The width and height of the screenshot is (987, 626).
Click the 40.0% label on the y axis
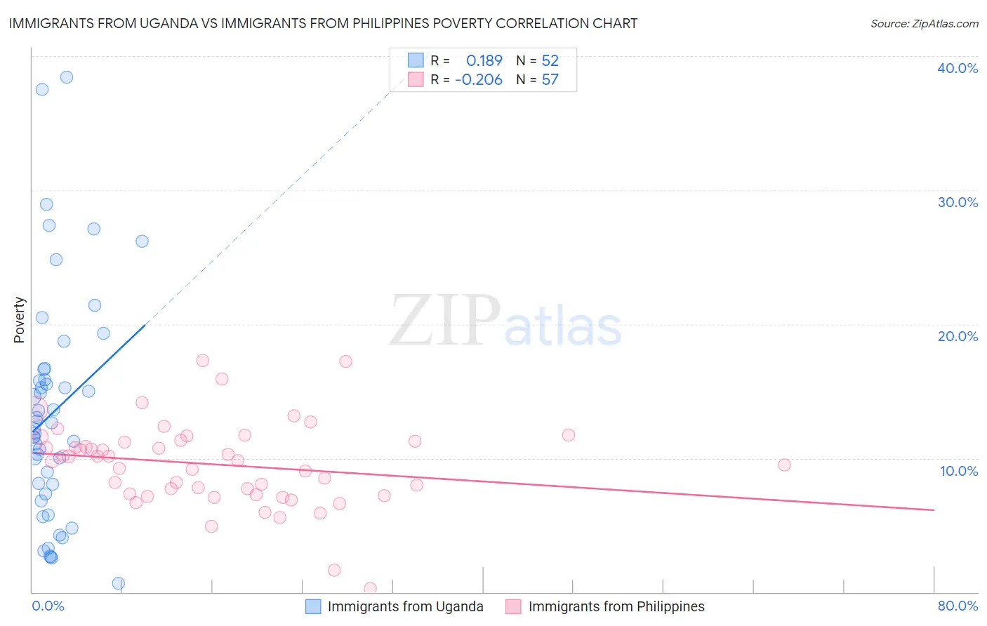[x=957, y=68]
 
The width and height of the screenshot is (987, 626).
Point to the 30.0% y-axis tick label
[x=957, y=202]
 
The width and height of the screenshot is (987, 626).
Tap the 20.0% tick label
[x=957, y=336]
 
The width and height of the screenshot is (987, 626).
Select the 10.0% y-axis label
[x=958, y=471]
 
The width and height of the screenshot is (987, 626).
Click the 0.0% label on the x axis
[x=48, y=606]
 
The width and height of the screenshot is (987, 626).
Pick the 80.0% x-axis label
[x=958, y=606]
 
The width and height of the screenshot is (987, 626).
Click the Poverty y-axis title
[x=19, y=320]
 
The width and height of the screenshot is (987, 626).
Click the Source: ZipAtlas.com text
[x=924, y=24]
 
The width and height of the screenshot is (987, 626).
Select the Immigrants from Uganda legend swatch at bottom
[x=313, y=606]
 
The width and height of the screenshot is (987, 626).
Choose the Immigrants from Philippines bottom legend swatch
[x=514, y=606]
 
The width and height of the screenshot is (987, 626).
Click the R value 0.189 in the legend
[x=484, y=60]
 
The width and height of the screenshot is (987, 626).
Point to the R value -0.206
[x=479, y=80]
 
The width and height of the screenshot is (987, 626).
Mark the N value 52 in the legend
[x=550, y=60]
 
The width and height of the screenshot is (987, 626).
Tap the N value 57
[x=550, y=80]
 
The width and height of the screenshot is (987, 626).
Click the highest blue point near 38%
[x=67, y=77]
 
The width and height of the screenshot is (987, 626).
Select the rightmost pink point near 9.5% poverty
[x=784, y=465]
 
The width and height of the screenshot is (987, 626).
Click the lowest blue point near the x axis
[x=119, y=583]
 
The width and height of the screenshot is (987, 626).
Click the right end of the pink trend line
[x=934, y=510]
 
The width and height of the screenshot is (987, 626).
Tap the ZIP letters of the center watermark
[x=444, y=320]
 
